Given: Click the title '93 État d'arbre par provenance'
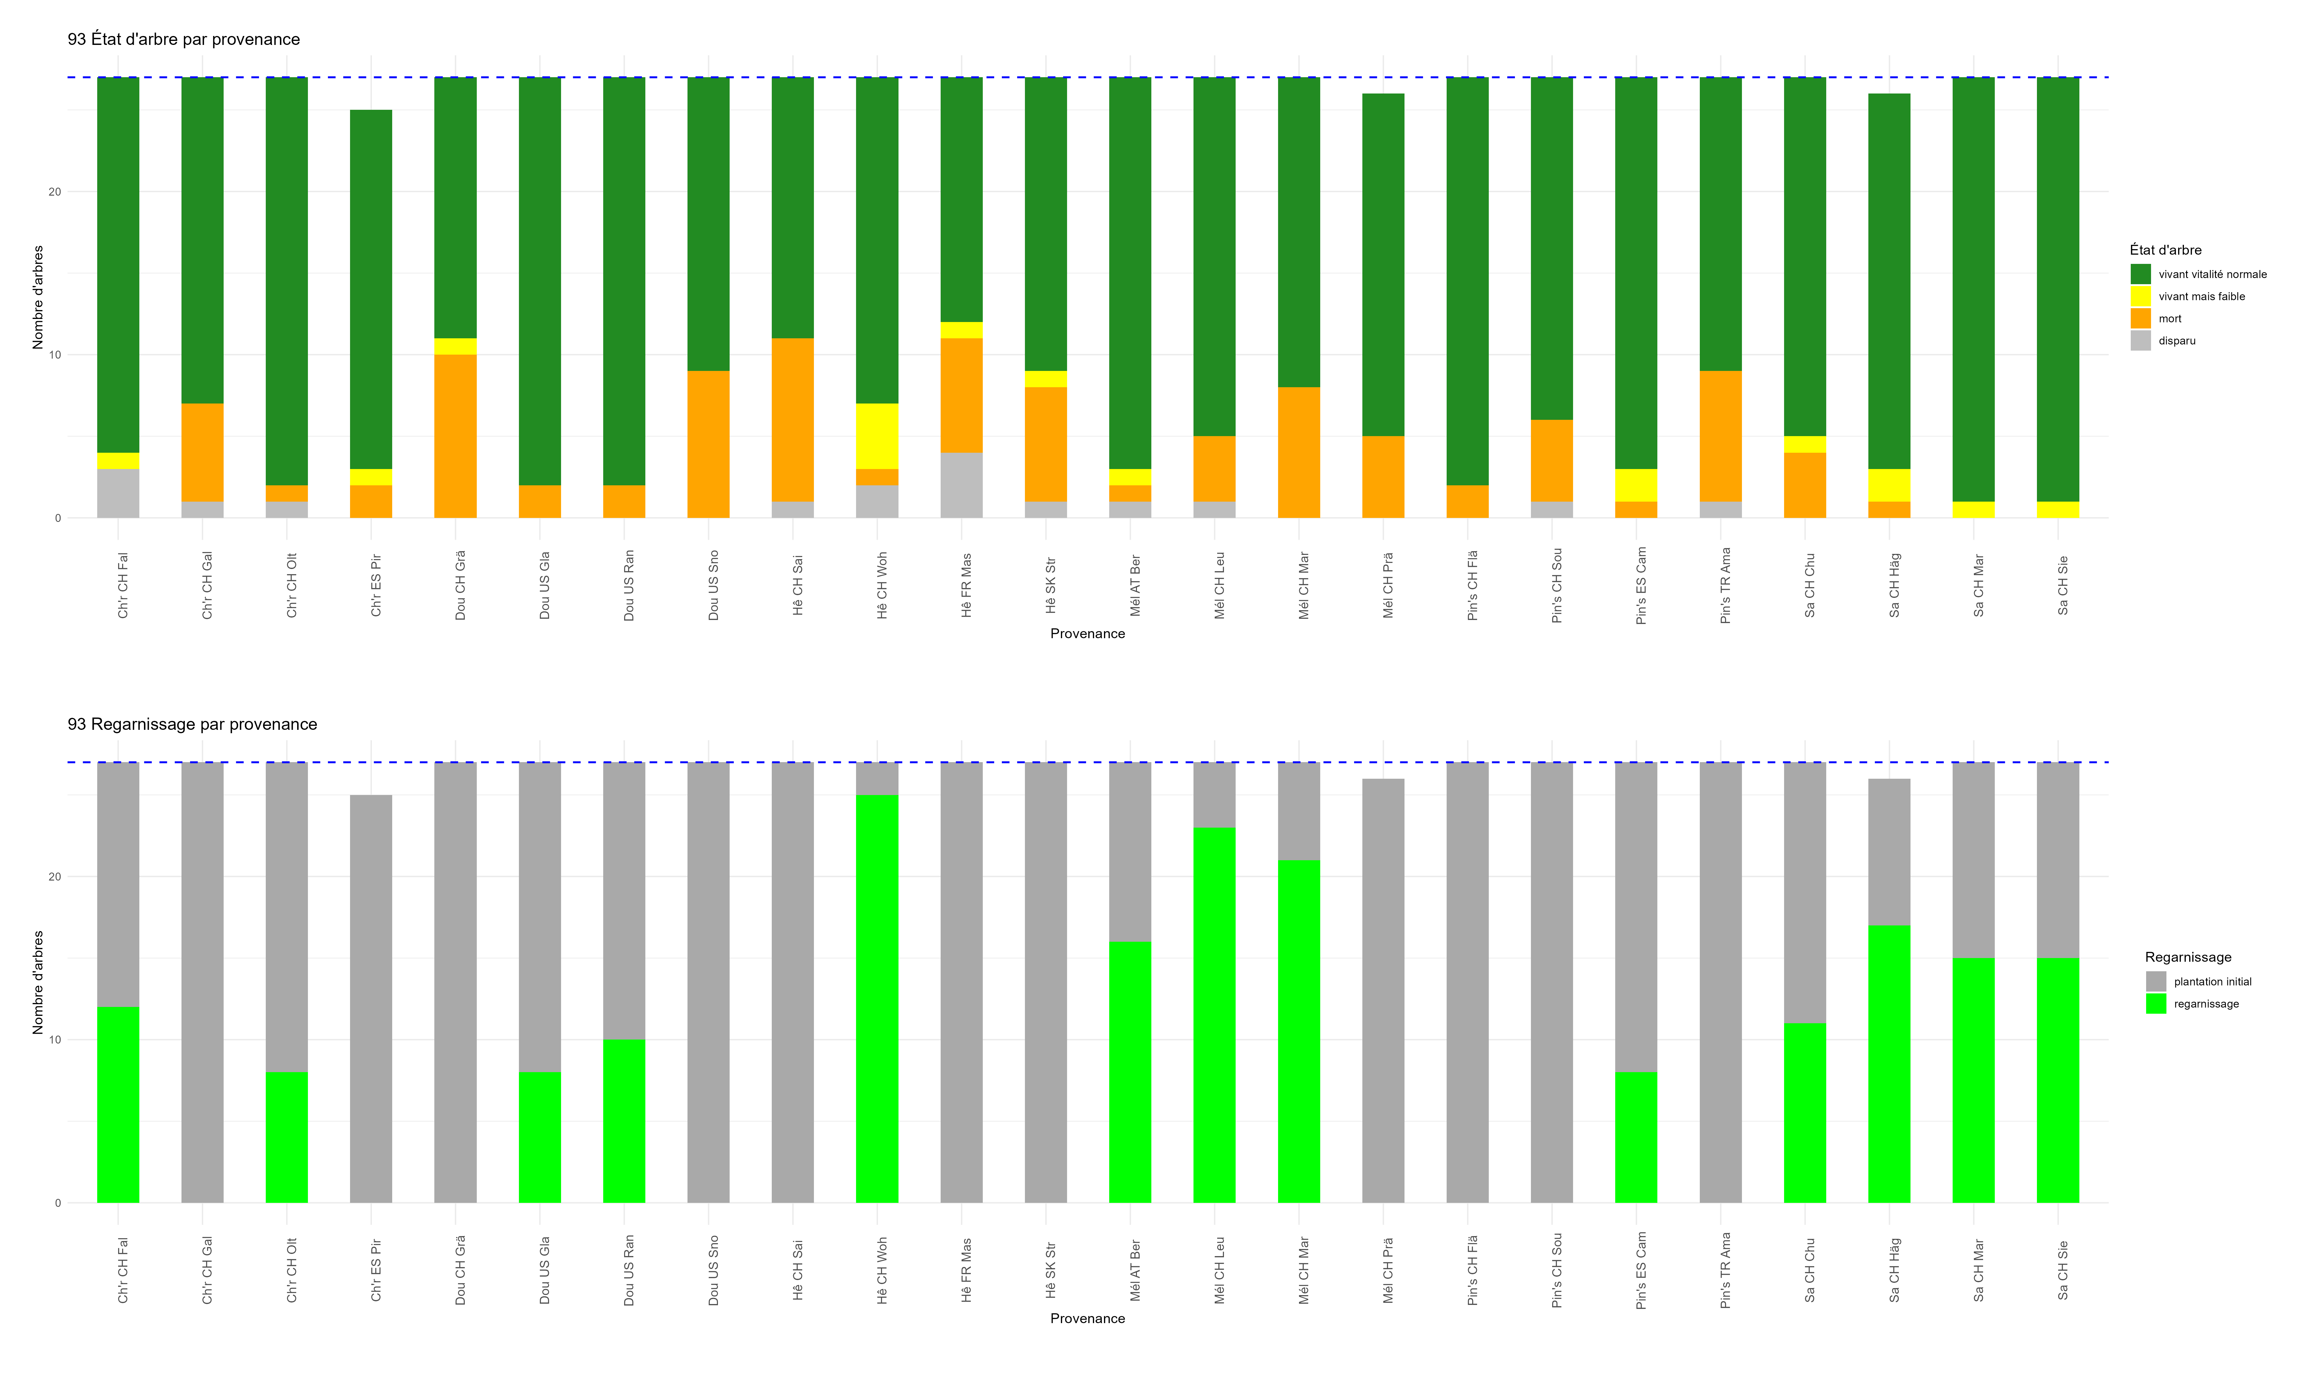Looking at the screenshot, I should [184, 39].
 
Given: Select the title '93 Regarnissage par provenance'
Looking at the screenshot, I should [192, 725].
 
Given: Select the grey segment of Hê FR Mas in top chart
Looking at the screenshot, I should [962, 485].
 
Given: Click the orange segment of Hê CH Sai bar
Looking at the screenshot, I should [793, 420].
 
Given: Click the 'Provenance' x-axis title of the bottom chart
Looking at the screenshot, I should [1087, 1319].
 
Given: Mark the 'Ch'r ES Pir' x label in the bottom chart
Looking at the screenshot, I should [376, 1270].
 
